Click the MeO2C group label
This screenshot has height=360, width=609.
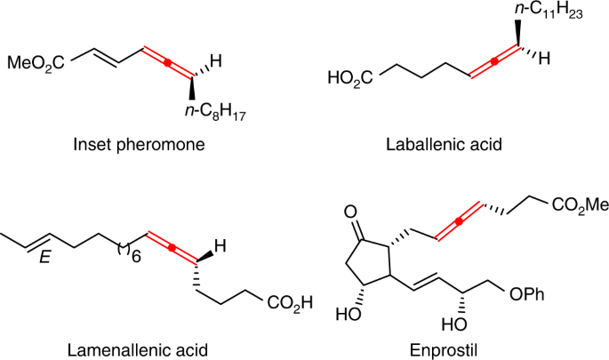click(36, 62)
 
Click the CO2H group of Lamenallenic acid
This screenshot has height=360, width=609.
click(291, 307)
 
